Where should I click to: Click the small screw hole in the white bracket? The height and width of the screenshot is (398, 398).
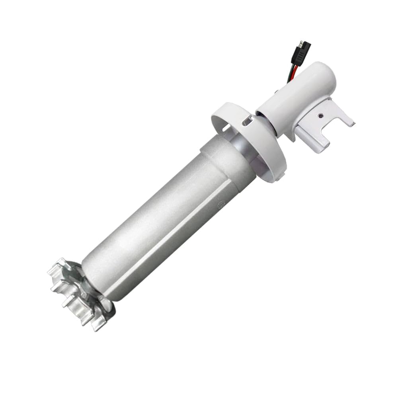(x=319, y=116)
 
